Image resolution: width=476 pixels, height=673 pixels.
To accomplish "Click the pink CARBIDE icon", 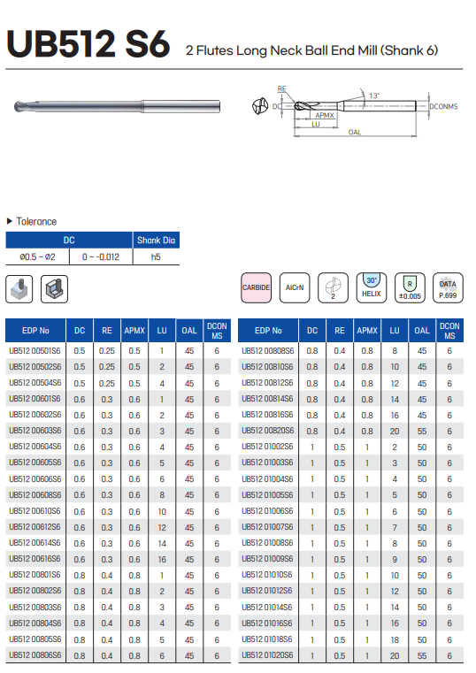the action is pyautogui.click(x=257, y=287).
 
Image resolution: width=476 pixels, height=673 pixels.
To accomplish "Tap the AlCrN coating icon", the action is pyautogui.click(x=295, y=287).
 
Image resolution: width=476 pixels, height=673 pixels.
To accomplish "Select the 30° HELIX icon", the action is pyautogui.click(x=372, y=287).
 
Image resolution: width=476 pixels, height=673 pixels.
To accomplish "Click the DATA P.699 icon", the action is pyautogui.click(x=448, y=287).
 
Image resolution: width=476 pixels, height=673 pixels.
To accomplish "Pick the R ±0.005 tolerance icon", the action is pyautogui.click(x=410, y=287).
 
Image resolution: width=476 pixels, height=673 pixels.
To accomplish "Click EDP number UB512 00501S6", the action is pyautogui.click(x=35, y=351).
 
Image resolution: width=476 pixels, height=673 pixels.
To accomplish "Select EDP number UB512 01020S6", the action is pyautogui.click(x=267, y=655).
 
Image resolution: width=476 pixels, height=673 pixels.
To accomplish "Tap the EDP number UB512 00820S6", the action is pyautogui.click(x=267, y=431).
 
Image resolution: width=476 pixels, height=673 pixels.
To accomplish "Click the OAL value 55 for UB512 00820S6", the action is pyautogui.click(x=422, y=431).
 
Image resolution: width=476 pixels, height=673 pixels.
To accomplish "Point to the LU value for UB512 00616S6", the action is pyautogui.click(x=162, y=559).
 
